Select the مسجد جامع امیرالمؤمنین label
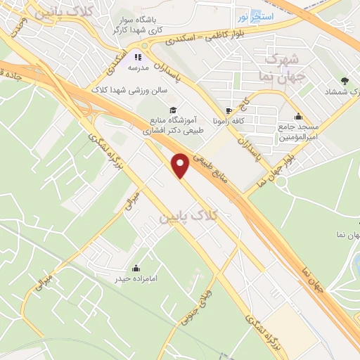coord(298,132)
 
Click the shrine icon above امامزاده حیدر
coord(135,267)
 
